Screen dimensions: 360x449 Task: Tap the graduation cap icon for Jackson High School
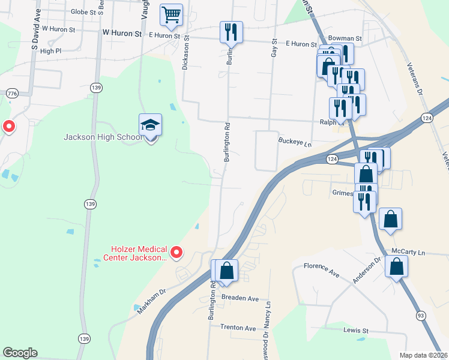151,125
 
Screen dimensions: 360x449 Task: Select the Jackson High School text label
103,137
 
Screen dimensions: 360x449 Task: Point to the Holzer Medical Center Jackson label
137,253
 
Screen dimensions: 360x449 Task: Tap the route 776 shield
11,94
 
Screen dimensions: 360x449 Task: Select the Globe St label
83,12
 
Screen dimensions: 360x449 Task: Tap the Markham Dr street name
150,299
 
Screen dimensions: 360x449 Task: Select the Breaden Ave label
240,298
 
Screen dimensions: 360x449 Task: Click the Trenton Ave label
238,328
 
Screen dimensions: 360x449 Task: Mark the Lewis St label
356,331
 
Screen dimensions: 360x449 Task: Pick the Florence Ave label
321,269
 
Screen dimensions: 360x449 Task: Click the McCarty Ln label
408,251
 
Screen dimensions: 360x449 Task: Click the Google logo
20,353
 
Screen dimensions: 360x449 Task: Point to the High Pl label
50,52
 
